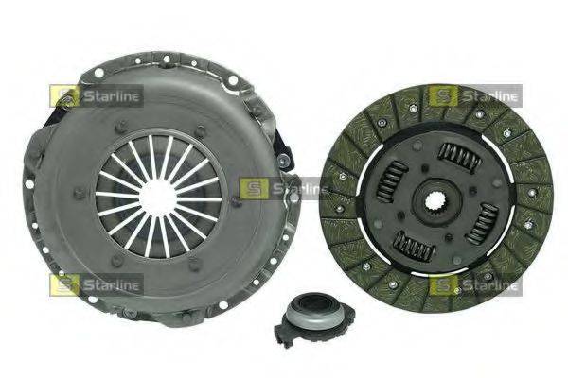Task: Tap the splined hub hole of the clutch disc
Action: coord(435,202)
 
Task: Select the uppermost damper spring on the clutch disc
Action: coord(460,156)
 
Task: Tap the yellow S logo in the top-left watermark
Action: coord(64,96)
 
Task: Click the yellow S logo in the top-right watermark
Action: coord(443,96)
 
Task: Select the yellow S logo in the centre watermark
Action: coord(254,188)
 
